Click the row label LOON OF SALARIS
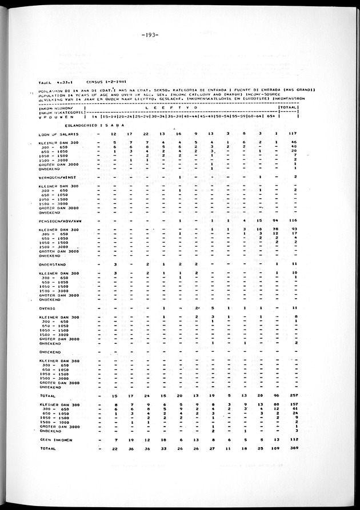tap(55, 134)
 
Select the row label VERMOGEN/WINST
tap(56, 177)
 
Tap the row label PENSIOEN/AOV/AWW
tap(59, 220)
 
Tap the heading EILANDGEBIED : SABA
tap(88, 124)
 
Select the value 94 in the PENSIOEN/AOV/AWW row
tap(276, 220)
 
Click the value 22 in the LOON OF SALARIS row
tap(147, 134)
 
